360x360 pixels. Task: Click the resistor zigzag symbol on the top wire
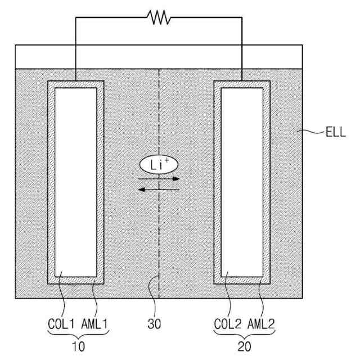160,18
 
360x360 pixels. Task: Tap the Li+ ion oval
159,164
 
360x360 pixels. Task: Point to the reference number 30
159,325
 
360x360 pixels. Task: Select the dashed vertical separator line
160,236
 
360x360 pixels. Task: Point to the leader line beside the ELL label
310,133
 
